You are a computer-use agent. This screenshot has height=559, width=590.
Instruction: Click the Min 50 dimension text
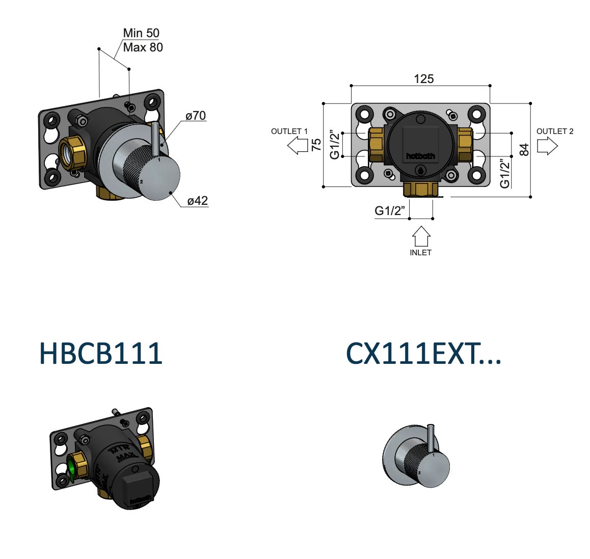click(141, 33)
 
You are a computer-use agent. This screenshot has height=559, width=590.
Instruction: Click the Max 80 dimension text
click(143, 47)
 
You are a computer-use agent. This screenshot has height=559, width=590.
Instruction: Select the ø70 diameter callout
click(196, 116)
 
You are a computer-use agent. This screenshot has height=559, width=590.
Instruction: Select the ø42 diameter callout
click(197, 201)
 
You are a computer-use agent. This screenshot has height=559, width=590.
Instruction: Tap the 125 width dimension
click(423, 79)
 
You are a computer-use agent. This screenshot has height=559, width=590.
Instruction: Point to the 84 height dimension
click(524, 150)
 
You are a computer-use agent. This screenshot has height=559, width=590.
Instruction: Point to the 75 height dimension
click(316, 145)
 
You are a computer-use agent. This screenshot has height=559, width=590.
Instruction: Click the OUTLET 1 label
click(289, 131)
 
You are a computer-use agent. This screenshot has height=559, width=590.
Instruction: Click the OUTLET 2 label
click(555, 131)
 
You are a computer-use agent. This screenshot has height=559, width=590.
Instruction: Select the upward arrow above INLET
click(421, 236)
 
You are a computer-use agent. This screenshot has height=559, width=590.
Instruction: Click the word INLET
click(420, 253)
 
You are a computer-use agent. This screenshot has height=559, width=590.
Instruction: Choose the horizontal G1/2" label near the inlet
click(390, 210)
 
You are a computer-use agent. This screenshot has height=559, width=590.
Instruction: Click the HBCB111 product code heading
click(101, 353)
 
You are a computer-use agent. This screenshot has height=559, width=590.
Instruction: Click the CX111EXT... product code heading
click(423, 353)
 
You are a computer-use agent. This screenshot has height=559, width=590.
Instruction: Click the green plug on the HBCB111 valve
click(71, 468)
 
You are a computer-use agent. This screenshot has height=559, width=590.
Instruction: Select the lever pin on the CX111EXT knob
click(432, 437)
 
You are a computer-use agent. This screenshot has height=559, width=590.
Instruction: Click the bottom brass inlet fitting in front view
click(420, 190)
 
